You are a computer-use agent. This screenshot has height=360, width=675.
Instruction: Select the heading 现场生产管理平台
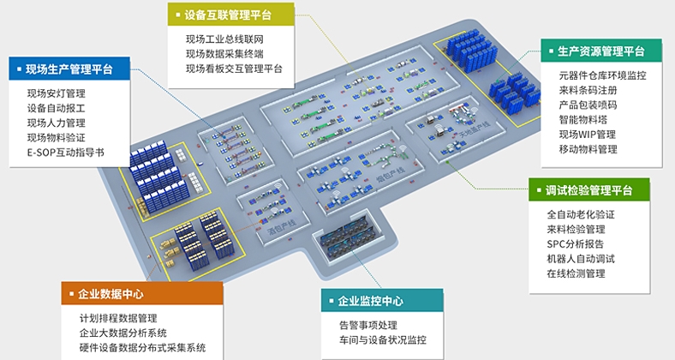tap(69, 69)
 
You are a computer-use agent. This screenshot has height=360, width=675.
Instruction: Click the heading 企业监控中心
tap(370, 301)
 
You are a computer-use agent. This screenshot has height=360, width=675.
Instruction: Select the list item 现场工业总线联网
tap(224, 39)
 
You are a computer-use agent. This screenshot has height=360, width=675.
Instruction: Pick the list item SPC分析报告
tap(576, 244)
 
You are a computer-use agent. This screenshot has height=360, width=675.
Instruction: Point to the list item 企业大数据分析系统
tap(122, 333)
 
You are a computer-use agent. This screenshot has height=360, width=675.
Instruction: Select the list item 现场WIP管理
tap(587, 134)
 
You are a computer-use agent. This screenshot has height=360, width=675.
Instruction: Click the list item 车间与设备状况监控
tap(382, 340)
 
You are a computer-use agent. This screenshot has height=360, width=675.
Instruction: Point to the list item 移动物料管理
tap(588, 148)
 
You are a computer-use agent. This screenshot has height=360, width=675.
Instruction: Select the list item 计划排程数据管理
tap(117, 318)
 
